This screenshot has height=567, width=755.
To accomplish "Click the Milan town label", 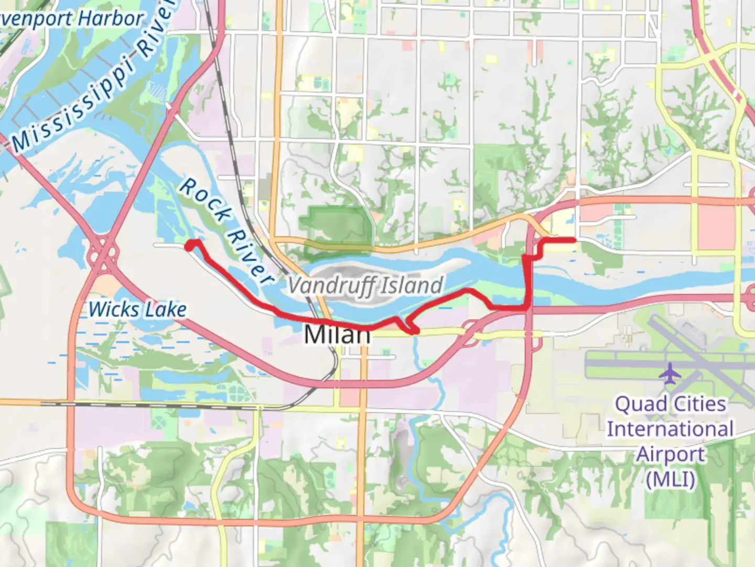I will (337, 334).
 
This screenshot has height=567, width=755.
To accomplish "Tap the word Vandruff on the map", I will (331, 286).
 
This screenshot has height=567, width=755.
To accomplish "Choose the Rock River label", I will (225, 231).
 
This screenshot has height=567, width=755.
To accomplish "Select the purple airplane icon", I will (670, 373).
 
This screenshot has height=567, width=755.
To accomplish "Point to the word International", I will (670, 429).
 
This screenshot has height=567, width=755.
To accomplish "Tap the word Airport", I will (670, 454).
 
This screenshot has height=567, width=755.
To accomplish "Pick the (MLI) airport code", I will (670, 479).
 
